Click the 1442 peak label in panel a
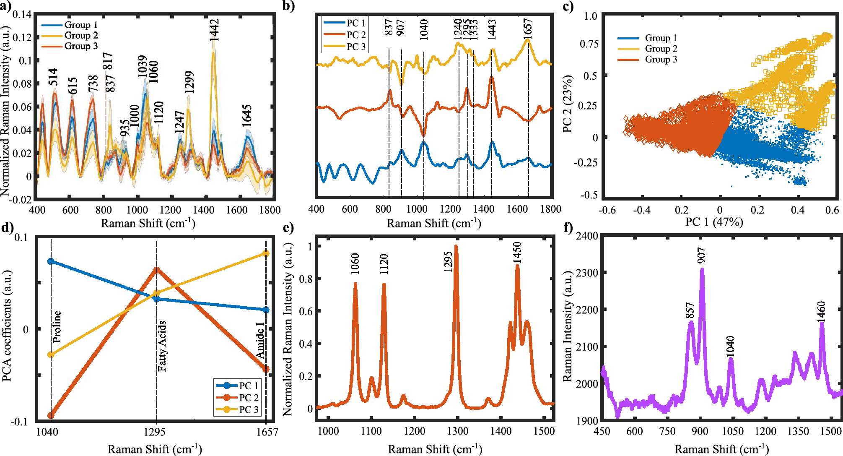coord(214,30)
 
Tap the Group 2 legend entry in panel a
coord(80,36)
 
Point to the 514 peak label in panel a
coord(53,77)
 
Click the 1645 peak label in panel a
coord(247,116)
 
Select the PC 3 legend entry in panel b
coord(355,47)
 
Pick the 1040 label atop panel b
coord(423,29)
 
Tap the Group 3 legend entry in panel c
coord(661,59)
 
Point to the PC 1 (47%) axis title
coord(714,221)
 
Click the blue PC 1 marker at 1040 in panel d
coord(51,261)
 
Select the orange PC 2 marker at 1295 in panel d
coord(156,270)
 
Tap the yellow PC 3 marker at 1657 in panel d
coord(266,253)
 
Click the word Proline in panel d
coord(57,326)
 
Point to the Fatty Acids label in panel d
coord(162,346)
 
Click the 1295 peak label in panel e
coord(448,262)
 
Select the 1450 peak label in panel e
coord(517,253)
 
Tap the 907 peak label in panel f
coord(701,255)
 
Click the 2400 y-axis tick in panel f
coord(587,236)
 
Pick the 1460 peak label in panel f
coord(821,311)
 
